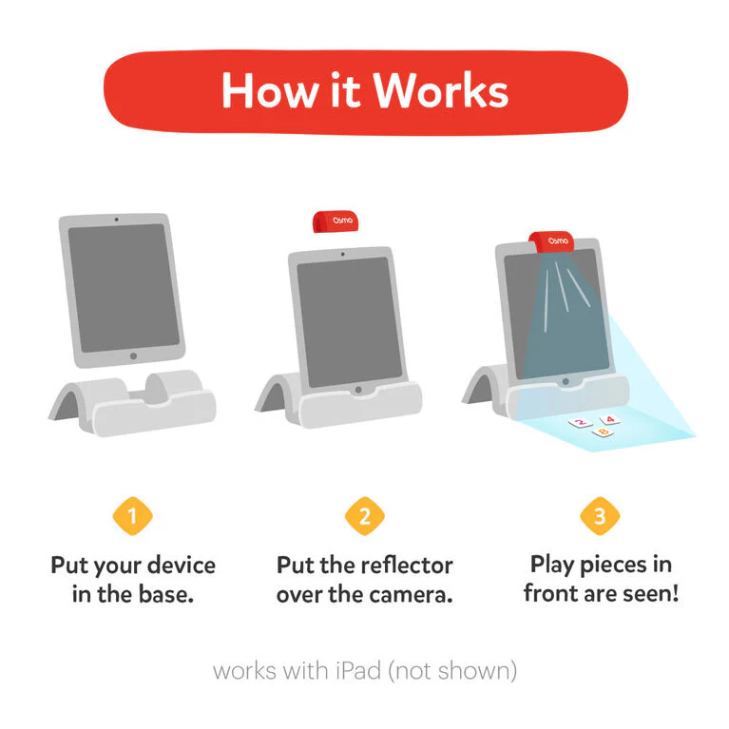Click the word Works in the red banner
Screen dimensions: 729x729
click(x=441, y=90)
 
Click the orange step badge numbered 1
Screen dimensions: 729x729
click(x=132, y=516)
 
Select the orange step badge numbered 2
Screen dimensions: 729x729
click(x=365, y=516)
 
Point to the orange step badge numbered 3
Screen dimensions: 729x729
click(x=600, y=516)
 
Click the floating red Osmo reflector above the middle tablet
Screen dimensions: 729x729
click(x=336, y=221)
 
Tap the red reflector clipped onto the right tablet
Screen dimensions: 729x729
click(x=551, y=241)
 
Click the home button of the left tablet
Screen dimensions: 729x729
click(x=133, y=356)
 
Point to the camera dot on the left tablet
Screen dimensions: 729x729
click(x=116, y=220)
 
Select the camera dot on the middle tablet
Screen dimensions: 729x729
click(x=343, y=255)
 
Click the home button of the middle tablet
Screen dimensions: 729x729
click(x=358, y=390)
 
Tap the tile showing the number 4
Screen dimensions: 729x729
click(x=609, y=420)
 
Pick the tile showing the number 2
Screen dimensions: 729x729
click(x=580, y=423)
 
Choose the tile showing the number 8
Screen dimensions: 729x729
click(x=603, y=432)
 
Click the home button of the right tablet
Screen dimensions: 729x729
click(x=566, y=381)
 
